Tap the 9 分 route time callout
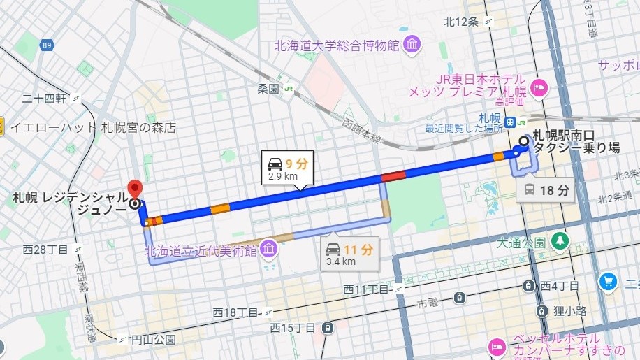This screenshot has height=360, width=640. pos(288,168)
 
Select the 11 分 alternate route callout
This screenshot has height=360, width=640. pos(350,253)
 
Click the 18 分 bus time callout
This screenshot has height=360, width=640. pos(546,189)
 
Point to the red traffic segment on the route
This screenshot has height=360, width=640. pos(393,176)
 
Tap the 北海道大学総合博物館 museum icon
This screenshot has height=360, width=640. pos(412,45)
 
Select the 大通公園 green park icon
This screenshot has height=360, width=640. pos(560,242)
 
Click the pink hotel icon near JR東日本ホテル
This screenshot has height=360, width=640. pos(539,87)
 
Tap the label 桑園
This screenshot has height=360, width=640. pos(268,89)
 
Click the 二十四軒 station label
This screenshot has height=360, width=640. pos(43,99)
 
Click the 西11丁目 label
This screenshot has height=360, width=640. pos(366,289)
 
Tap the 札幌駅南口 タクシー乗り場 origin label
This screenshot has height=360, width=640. pos(576,141)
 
